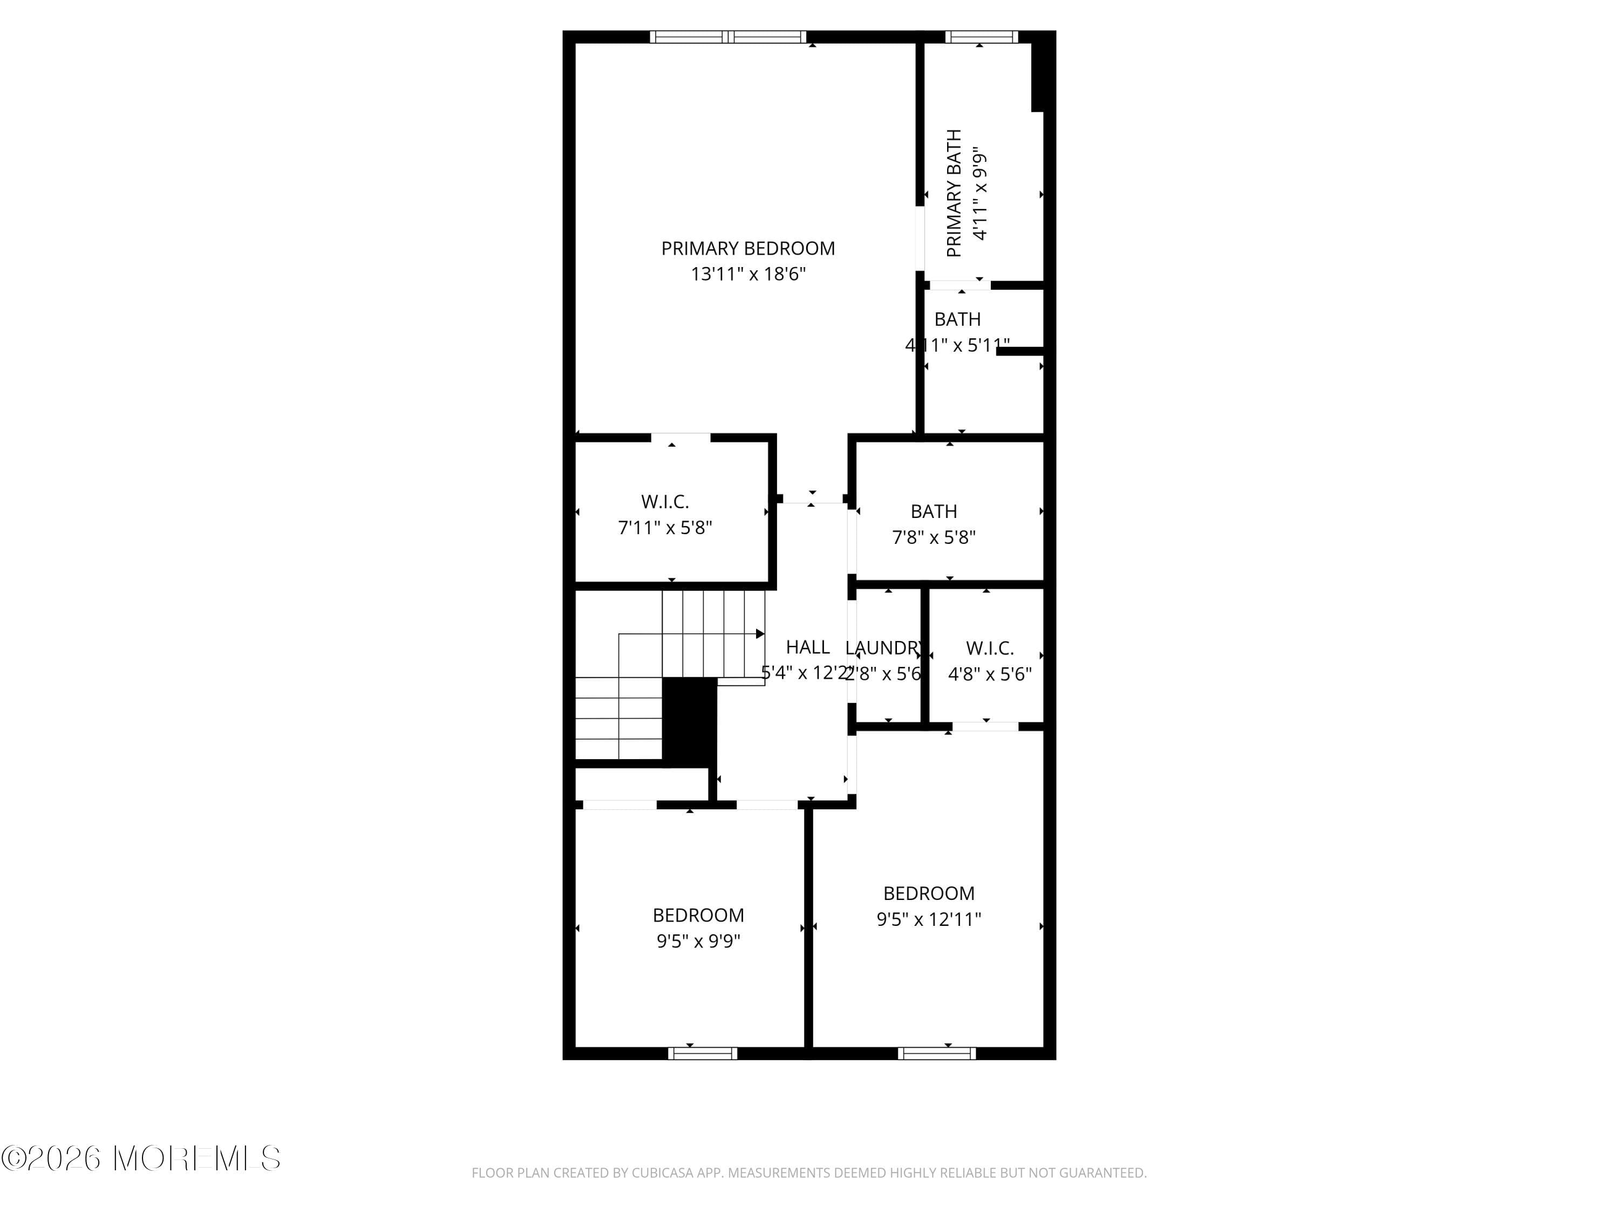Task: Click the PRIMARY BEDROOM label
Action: pos(747,249)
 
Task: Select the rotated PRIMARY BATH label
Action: pos(954,193)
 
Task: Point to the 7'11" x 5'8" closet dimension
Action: pos(664,528)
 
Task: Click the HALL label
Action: pos(807,647)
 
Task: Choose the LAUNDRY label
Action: pos(883,647)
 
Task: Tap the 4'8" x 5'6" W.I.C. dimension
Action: pos(990,674)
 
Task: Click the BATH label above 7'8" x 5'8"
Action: pos(933,511)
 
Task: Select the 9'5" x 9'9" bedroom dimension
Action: pos(698,941)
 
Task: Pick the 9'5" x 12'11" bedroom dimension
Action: pos(928,919)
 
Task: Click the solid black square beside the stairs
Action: pos(689,721)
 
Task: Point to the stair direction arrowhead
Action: pos(760,634)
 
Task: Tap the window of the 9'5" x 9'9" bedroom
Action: pos(703,1054)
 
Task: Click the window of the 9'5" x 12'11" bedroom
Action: pos(937,1054)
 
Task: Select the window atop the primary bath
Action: pos(981,37)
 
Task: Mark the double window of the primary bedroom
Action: pos(728,37)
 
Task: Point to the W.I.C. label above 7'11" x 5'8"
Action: pos(664,502)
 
